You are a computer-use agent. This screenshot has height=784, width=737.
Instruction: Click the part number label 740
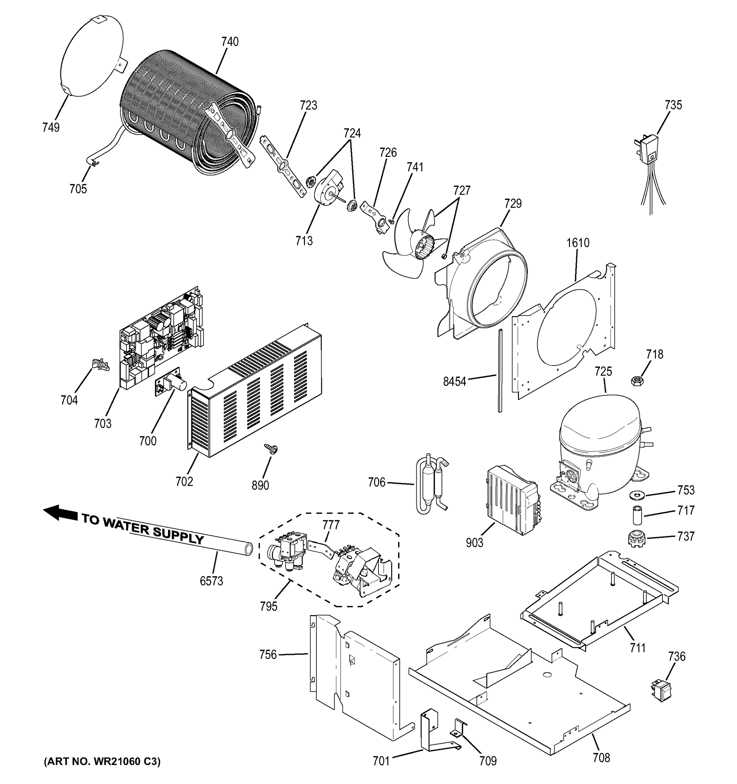230,42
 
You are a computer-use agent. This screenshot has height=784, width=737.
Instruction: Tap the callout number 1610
578,243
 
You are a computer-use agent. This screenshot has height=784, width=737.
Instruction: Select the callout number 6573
211,581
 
